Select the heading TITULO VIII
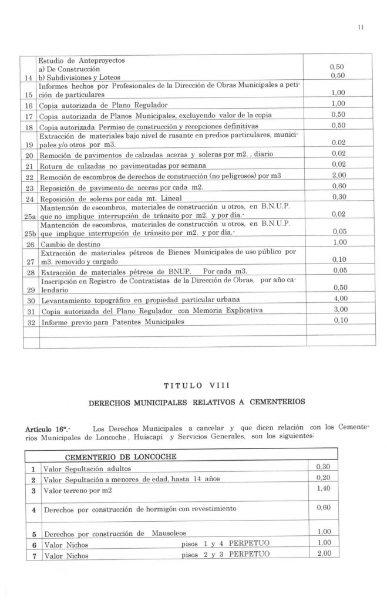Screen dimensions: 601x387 pyautogui.click(x=194, y=386)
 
